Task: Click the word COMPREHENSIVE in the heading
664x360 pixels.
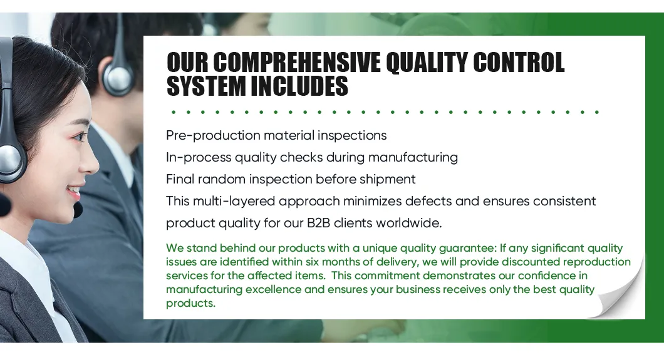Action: coord(297,63)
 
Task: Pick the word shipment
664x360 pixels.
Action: coord(386,179)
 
